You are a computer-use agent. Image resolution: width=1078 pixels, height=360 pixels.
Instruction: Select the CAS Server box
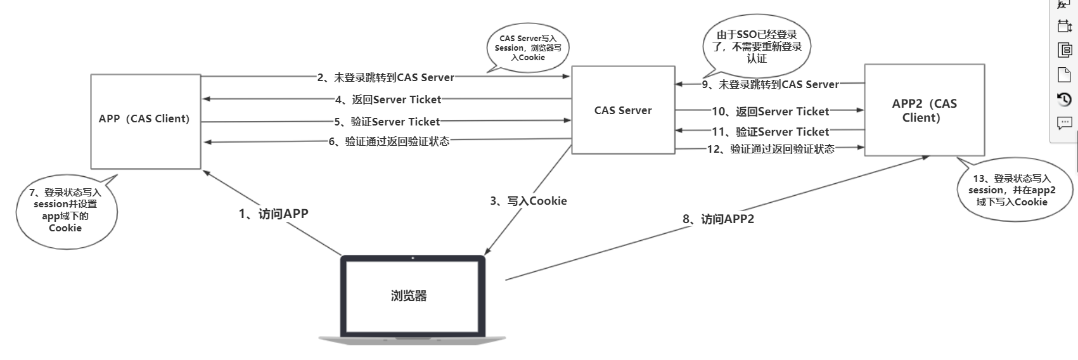(622, 110)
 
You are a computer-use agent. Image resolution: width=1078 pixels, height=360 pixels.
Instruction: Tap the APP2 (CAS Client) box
(924, 110)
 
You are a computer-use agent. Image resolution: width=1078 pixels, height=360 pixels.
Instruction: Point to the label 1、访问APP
(273, 214)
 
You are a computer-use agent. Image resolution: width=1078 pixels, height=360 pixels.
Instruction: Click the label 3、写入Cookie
(528, 201)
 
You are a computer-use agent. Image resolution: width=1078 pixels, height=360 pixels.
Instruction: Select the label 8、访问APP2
(718, 219)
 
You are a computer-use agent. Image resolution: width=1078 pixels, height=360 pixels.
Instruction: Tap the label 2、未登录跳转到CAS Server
(385, 77)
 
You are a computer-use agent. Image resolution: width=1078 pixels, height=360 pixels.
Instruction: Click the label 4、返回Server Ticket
(388, 100)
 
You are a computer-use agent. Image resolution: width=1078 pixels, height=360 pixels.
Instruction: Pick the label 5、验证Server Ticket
(387, 122)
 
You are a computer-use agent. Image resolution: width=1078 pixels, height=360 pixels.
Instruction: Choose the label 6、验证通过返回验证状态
(388, 142)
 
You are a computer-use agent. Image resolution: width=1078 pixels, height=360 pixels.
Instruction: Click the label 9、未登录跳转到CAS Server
(770, 84)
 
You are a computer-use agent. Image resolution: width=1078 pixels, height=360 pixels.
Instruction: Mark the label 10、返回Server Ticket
(770, 112)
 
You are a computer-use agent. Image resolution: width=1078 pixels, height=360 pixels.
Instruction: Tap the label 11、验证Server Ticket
(770, 132)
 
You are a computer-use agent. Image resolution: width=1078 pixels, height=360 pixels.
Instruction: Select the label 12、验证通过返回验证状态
(770, 149)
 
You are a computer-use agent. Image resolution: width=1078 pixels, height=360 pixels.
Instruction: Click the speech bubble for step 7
(66, 210)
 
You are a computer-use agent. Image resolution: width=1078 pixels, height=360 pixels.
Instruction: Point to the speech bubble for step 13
(1011, 190)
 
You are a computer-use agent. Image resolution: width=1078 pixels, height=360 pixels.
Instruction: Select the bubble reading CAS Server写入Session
(527, 48)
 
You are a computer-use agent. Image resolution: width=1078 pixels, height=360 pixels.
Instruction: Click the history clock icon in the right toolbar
(1065, 100)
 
